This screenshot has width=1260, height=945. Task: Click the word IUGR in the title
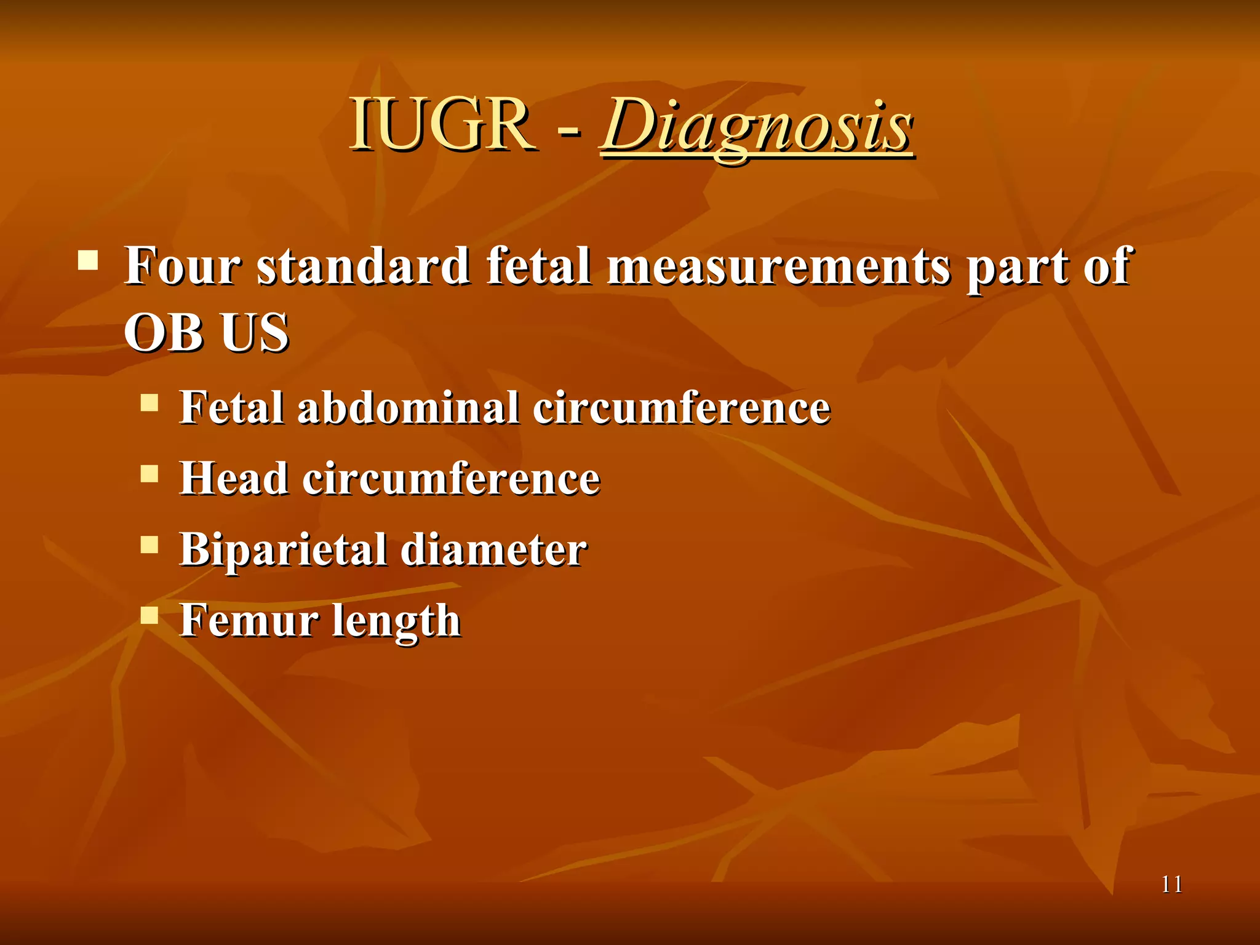[x=442, y=125]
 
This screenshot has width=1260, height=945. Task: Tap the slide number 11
[x=1171, y=885]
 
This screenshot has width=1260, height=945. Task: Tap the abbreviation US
[x=255, y=332]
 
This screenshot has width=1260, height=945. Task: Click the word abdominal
[x=408, y=408]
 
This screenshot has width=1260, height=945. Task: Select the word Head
[x=234, y=479]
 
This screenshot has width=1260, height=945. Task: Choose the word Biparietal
[x=283, y=549]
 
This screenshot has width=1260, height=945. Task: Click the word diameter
[x=494, y=549]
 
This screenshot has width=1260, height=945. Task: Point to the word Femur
[x=249, y=620]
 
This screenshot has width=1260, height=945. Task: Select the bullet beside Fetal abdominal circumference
[x=150, y=403]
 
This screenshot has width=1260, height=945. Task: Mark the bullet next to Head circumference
[x=150, y=474]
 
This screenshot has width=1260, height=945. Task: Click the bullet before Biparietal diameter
[x=150, y=544]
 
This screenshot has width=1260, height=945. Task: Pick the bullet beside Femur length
[x=150, y=615]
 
